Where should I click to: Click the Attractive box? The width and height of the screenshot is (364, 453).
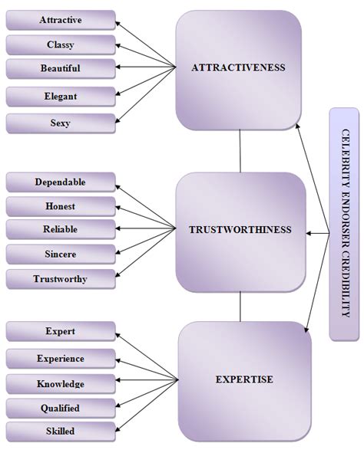[x=60, y=19]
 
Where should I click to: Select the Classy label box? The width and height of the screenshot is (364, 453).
[x=60, y=44]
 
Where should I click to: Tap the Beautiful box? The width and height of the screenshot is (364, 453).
[x=60, y=68]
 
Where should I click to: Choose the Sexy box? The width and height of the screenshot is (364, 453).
[x=60, y=122]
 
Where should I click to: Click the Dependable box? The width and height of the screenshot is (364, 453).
[x=60, y=182]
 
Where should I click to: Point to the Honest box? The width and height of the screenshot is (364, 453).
[x=60, y=205]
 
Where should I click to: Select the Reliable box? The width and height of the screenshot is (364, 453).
[x=60, y=229]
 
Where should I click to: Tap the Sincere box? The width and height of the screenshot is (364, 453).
[x=60, y=254]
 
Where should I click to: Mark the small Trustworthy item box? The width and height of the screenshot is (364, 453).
[x=60, y=278]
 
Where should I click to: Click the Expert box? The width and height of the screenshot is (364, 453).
[x=60, y=332]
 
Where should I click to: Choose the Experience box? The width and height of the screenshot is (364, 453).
[x=60, y=358]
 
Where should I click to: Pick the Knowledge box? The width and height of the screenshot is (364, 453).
[x=60, y=383]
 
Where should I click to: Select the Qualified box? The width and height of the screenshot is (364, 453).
[x=60, y=408]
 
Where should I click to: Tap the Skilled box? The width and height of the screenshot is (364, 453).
[x=60, y=432]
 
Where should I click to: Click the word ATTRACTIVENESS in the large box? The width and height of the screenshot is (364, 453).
[x=238, y=67]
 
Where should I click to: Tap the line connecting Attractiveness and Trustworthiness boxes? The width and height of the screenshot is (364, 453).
[x=240, y=151]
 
